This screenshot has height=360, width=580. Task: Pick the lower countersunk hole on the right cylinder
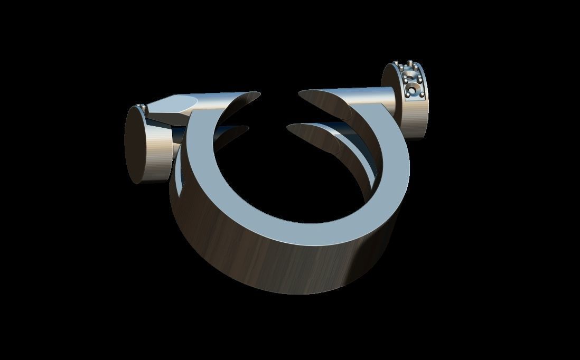tap(412, 90)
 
